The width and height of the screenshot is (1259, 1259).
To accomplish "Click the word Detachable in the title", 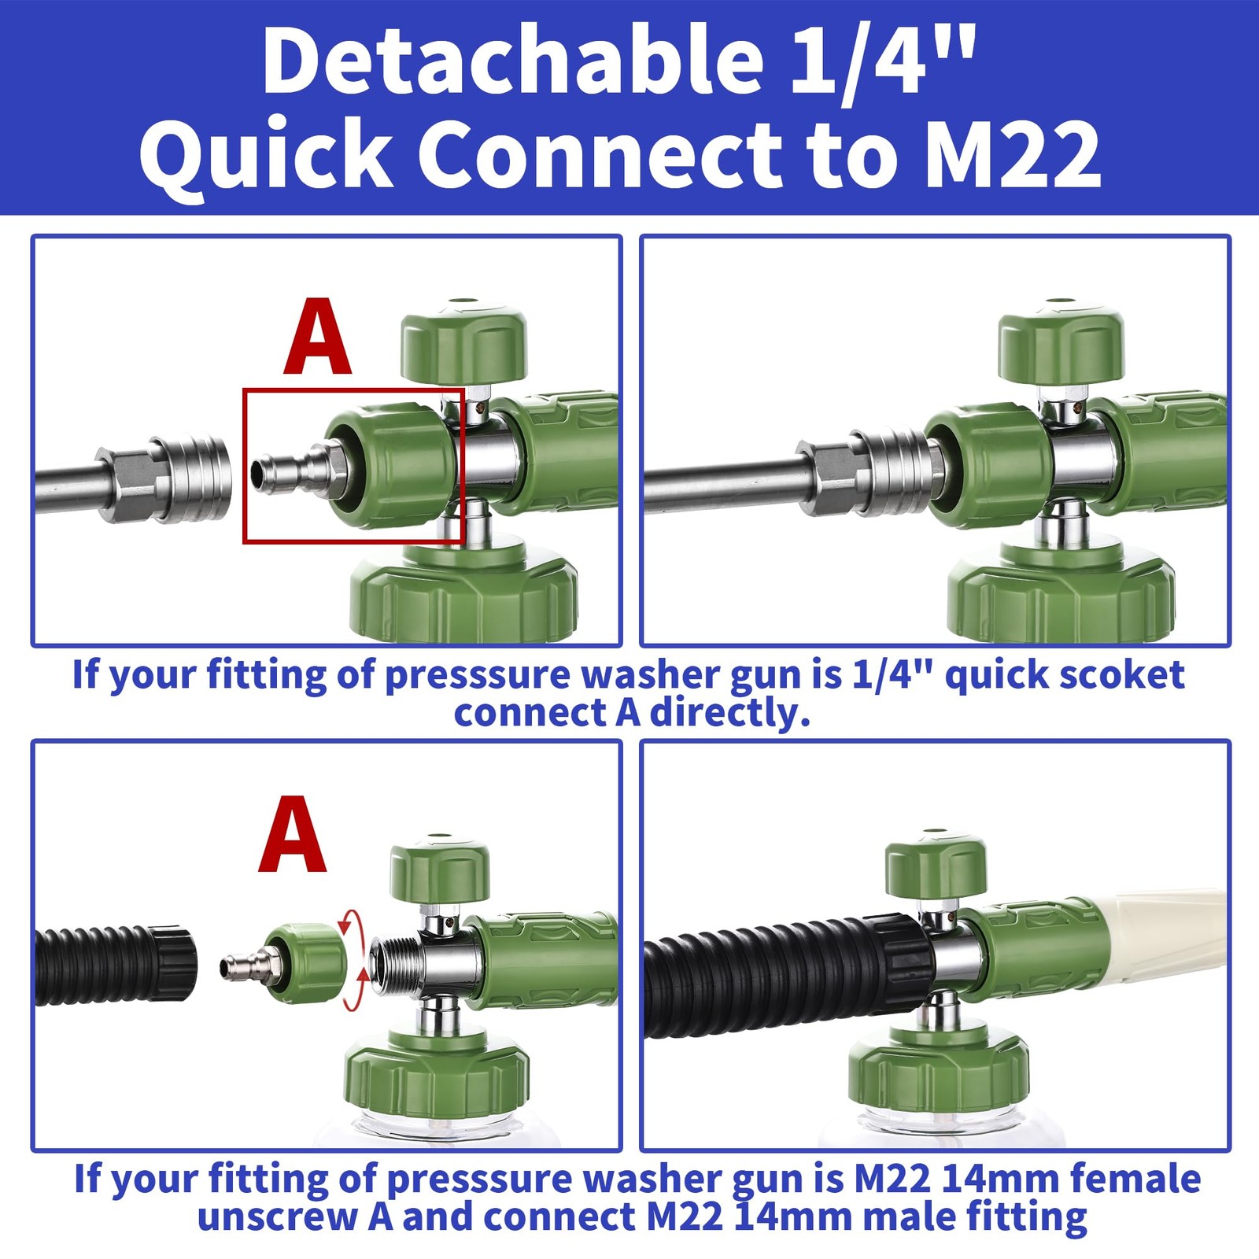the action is coord(513,61).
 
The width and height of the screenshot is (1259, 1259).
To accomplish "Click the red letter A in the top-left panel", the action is coord(317,336).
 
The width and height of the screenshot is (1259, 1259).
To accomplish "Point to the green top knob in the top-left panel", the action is coord(463,340).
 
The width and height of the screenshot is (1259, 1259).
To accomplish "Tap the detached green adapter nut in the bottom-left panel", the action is coord(305,963).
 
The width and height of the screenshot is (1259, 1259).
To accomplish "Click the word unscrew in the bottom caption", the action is coord(278,1217).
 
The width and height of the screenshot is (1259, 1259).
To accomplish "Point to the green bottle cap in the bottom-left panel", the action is coord(438,1077).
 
